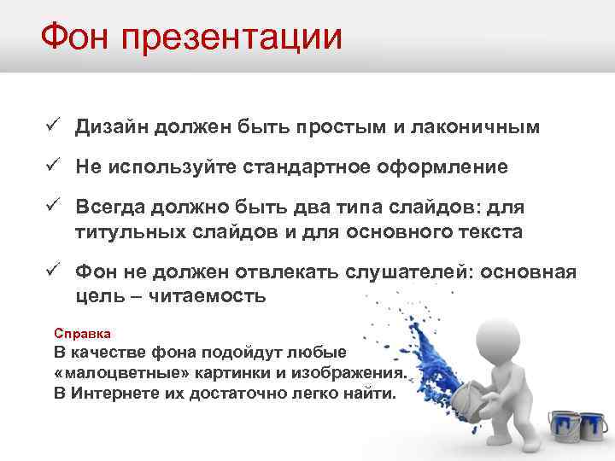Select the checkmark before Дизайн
click(52, 126)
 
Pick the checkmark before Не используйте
click(52, 166)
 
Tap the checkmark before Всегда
click(52, 206)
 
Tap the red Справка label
click(82, 332)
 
